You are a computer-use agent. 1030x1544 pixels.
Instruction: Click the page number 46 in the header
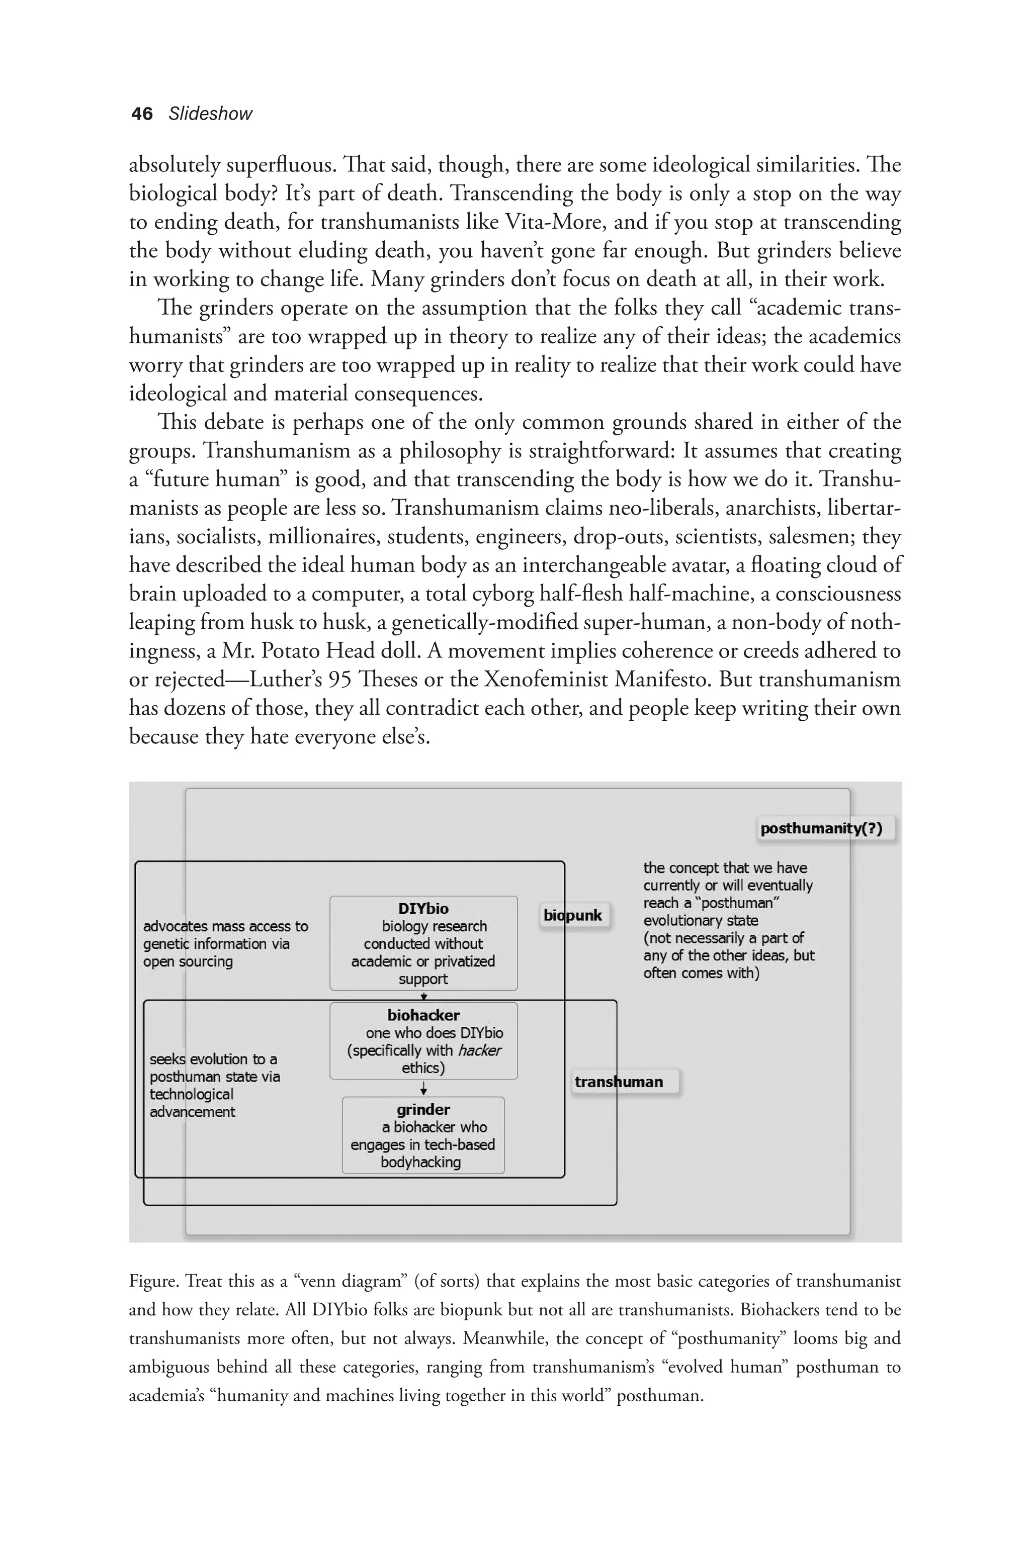(142, 114)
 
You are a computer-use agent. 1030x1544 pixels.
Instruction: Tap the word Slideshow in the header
(210, 114)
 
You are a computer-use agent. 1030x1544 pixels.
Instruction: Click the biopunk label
(573, 915)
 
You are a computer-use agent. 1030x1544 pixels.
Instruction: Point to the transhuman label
(619, 1082)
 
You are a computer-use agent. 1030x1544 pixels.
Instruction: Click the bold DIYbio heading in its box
(423, 909)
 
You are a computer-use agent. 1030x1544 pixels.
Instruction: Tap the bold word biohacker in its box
(423, 1015)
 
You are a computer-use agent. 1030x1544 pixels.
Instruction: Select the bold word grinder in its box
(423, 1109)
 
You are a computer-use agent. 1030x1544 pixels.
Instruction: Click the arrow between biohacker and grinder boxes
(423, 1089)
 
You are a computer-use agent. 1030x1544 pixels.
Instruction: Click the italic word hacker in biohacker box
(479, 1050)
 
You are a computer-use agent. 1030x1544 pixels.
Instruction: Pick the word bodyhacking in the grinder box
(420, 1162)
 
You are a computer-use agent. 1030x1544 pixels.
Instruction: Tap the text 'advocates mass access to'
(225, 926)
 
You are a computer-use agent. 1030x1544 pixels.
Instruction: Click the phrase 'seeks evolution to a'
(213, 1059)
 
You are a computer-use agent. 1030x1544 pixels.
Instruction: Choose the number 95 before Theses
(340, 679)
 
